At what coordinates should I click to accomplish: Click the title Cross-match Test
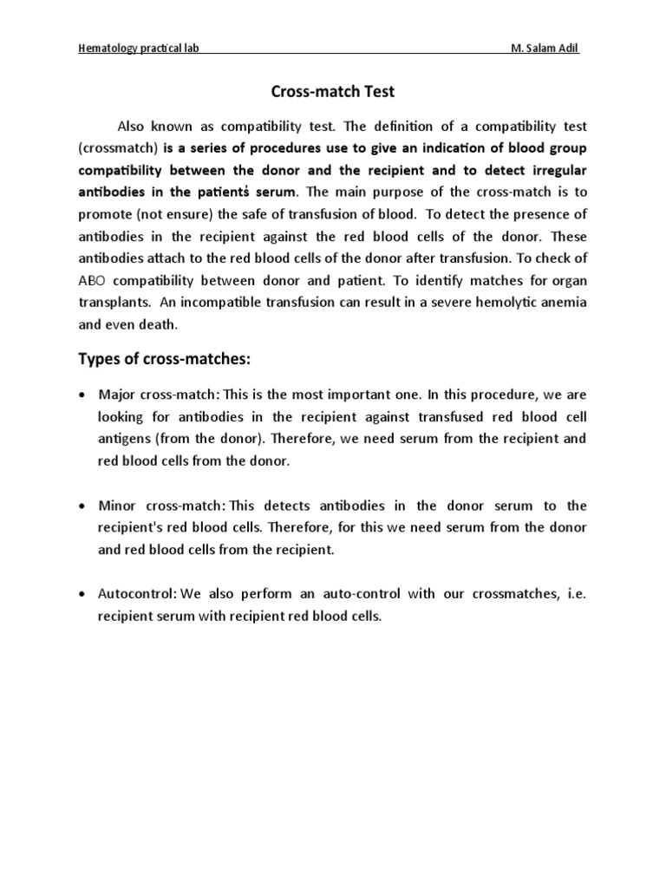[332, 91]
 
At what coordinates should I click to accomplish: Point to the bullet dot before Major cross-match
[82, 395]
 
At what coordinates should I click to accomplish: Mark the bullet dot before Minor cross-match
[82, 506]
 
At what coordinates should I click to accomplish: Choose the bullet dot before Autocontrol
[82, 595]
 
